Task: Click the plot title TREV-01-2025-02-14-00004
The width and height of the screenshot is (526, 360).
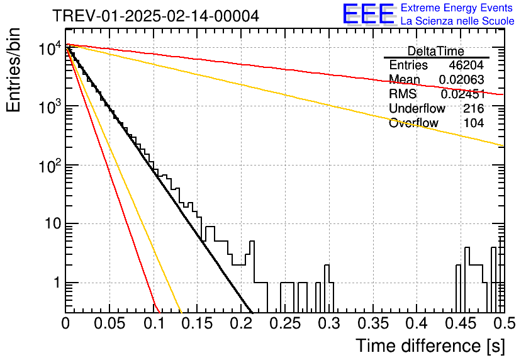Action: click(x=155, y=16)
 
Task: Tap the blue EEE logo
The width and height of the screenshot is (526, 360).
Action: click(x=369, y=14)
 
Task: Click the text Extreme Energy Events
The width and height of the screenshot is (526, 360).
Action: click(x=457, y=8)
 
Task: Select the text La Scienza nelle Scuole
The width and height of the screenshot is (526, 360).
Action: click(x=457, y=21)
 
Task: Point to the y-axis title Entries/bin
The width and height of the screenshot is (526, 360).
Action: click(x=13, y=70)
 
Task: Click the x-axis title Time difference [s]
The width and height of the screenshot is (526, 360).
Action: click(x=430, y=346)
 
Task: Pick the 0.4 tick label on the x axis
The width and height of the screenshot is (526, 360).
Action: click(x=418, y=323)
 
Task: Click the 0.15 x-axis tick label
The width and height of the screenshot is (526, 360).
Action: click(x=198, y=323)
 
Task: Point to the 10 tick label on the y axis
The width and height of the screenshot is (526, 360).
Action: click(x=53, y=223)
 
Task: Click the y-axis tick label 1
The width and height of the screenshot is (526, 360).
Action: click(x=57, y=283)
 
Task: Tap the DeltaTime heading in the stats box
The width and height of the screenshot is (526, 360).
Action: click(x=436, y=51)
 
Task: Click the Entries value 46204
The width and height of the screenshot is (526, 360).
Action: click(x=466, y=65)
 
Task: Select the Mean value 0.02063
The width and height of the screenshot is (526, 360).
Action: click(x=462, y=79)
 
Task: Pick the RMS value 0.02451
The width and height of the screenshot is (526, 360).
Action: click(x=462, y=94)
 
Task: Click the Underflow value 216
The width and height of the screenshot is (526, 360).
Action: click(x=474, y=108)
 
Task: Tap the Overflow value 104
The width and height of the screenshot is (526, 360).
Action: click(x=474, y=123)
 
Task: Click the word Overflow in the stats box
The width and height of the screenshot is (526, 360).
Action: click(x=413, y=123)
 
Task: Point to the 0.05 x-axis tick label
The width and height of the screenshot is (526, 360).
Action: click(x=109, y=323)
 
